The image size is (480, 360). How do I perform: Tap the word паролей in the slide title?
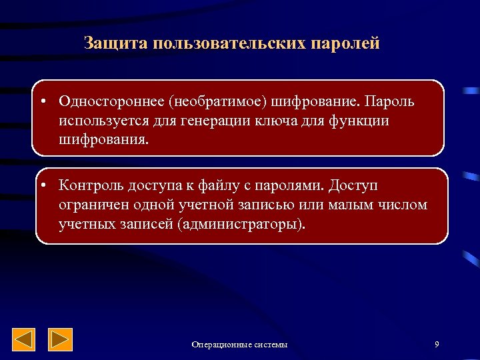click(x=345, y=44)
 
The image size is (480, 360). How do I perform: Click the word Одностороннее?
click(x=111, y=101)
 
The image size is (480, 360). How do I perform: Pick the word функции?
click(x=358, y=121)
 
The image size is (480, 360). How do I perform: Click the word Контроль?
click(x=89, y=185)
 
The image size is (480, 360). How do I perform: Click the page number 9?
click(x=436, y=344)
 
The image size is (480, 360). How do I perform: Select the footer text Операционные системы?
click(x=239, y=345)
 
